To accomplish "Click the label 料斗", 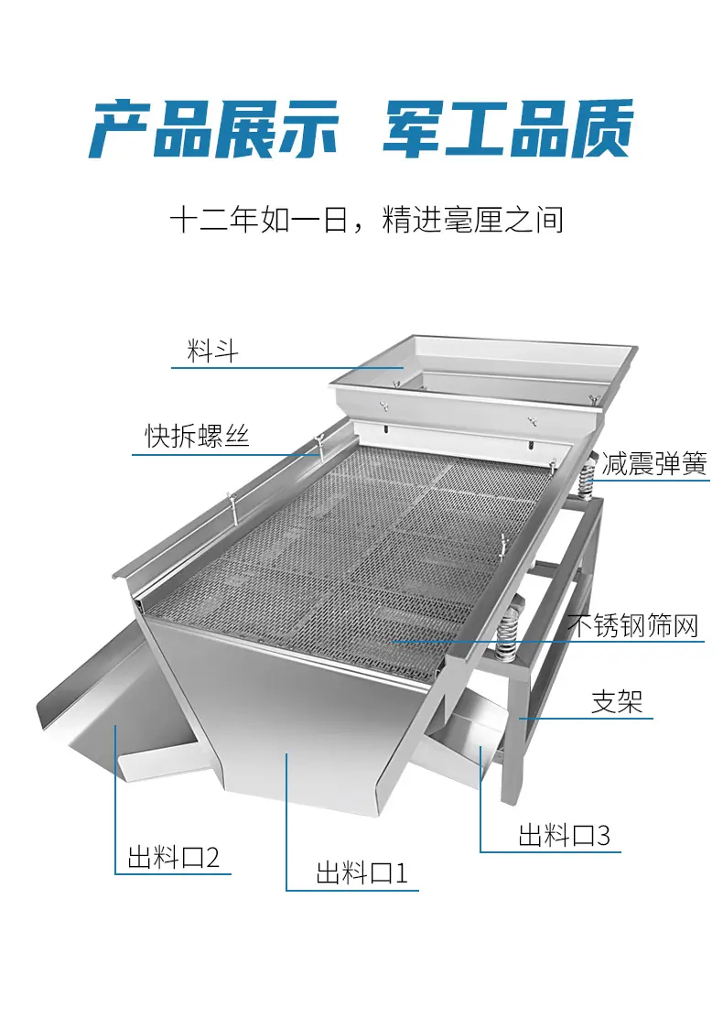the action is tap(213, 352).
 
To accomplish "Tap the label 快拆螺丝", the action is tap(198, 436).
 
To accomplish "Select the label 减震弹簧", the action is tap(654, 463).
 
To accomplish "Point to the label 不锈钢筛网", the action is tap(633, 626).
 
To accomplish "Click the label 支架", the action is tap(617, 702).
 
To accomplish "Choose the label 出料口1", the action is tap(362, 872).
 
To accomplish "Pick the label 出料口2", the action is tap(174, 857).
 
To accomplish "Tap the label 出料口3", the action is tap(565, 835).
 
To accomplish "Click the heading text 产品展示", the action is tap(214, 130).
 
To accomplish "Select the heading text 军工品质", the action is tap(509, 130).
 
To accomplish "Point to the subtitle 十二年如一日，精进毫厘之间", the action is tap(367, 220).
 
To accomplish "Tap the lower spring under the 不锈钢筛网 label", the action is tap(508, 631).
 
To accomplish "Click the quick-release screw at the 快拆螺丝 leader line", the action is tap(318, 448).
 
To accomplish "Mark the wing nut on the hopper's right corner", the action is tap(591, 398).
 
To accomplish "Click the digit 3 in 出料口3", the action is tap(604, 836).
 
